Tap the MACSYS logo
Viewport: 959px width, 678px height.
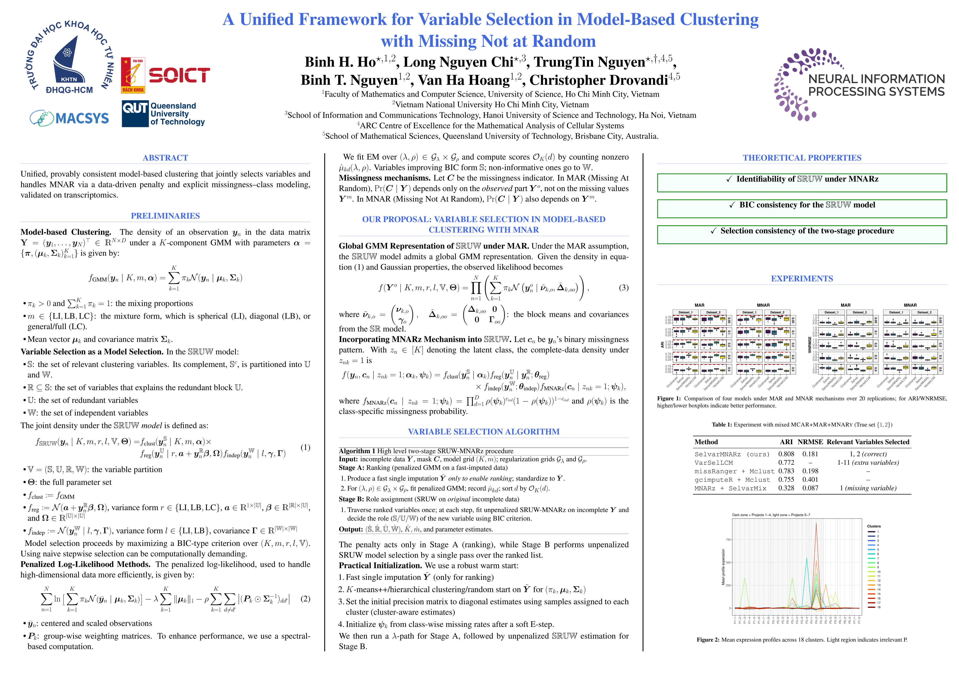[70, 118]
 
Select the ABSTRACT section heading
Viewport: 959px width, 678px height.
[165, 158]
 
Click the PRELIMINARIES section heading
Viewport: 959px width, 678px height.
[165, 216]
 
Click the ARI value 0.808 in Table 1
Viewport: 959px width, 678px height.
[786, 454]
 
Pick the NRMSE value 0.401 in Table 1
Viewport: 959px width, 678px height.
[810, 480]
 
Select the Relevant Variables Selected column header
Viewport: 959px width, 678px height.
[868, 442]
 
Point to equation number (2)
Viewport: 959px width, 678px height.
[305, 599]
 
